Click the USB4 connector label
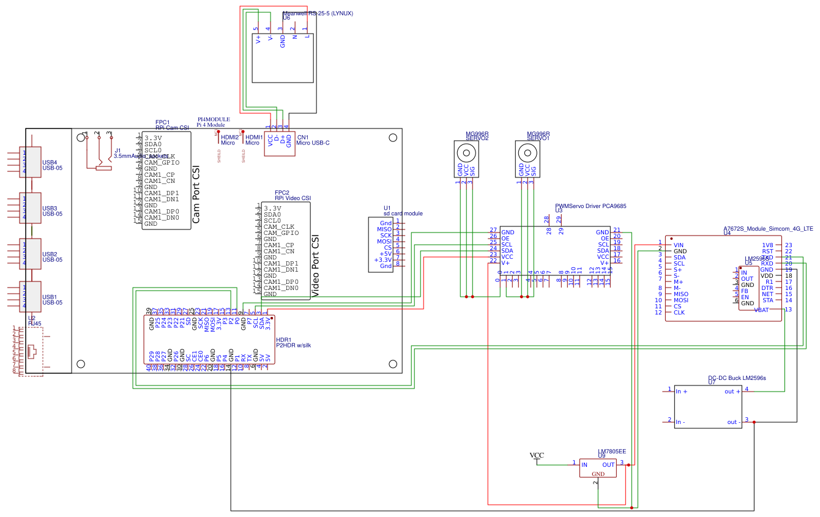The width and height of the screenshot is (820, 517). (x=50, y=162)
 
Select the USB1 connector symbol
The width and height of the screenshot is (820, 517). (x=31, y=297)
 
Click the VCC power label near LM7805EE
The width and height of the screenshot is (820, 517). (x=536, y=455)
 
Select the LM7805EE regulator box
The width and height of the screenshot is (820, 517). (x=598, y=468)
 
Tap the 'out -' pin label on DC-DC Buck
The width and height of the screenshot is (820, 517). (x=732, y=422)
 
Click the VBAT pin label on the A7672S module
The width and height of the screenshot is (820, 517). (x=761, y=310)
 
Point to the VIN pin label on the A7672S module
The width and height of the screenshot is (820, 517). (x=679, y=245)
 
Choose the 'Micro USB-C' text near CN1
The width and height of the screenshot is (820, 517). (x=313, y=143)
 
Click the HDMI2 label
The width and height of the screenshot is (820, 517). (x=229, y=138)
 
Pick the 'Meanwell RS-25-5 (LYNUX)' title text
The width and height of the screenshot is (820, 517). (x=318, y=13)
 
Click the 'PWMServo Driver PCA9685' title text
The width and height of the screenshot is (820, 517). (x=591, y=206)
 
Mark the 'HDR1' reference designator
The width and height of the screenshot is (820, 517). (x=283, y=340)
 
